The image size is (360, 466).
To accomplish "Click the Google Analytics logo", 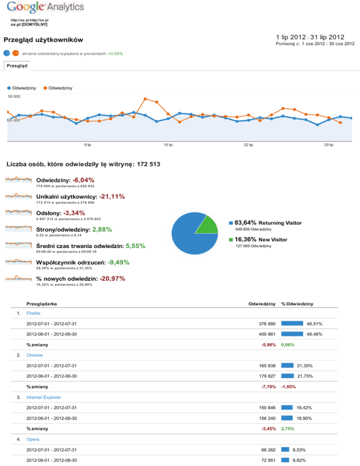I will click(x=45, y=8).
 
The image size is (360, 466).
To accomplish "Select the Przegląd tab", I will click(x=16, y=66).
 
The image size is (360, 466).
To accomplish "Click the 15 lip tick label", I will click(x=168, y=144).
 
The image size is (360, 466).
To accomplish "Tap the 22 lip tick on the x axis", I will click(x=248, y=144).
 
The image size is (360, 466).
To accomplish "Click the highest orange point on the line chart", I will click(x=145, y=98).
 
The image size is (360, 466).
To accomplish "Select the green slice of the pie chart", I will click(x=207, y=225).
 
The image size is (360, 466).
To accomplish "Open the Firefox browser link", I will click(x=33, y=313).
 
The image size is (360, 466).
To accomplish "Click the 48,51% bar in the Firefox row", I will click(x=292, y=323).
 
